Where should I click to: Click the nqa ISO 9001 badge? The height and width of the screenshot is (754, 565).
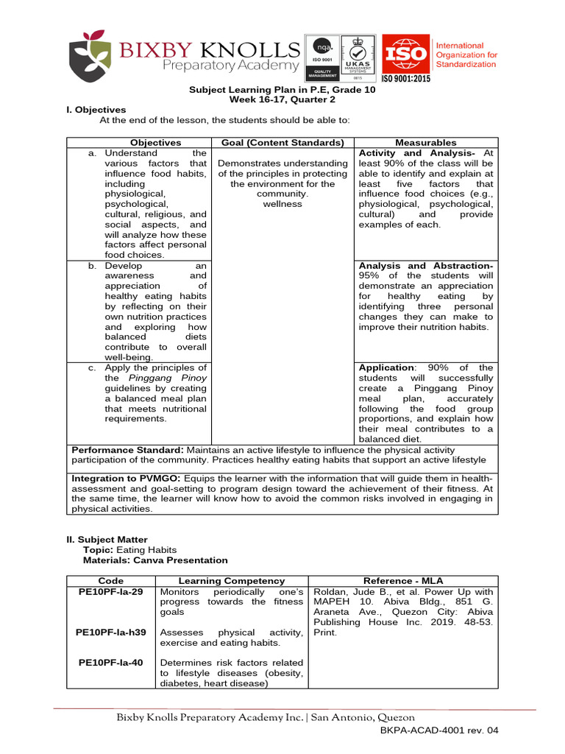322,57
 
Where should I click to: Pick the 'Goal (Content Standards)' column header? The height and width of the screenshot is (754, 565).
282,143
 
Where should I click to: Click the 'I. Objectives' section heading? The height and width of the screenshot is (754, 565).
96,110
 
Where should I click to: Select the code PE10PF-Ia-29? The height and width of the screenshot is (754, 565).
109,591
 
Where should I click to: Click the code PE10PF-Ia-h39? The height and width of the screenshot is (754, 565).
111,633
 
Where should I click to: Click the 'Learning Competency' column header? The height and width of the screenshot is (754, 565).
232,581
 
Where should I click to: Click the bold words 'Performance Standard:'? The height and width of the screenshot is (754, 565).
127,450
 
